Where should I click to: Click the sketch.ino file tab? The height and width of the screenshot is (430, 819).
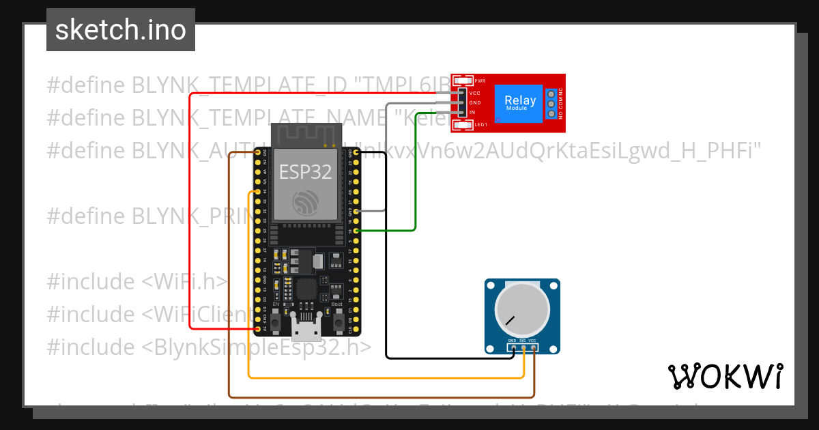click(121, 30)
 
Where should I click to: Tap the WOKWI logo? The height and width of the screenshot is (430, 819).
click(725, 376)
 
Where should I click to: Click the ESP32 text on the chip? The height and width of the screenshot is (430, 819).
click(305, 172)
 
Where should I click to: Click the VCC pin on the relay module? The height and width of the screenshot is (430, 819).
click(461, 93)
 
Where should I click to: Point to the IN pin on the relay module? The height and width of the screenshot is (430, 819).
click(461, 112)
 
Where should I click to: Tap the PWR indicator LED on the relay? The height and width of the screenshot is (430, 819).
click(463, 80)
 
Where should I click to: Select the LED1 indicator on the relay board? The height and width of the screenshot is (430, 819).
click(463, 124)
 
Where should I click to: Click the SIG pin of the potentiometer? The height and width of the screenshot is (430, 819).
click(523, 348)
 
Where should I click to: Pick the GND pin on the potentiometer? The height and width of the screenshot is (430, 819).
click(513, 348)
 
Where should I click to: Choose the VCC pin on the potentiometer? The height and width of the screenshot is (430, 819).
click(533, 348)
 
